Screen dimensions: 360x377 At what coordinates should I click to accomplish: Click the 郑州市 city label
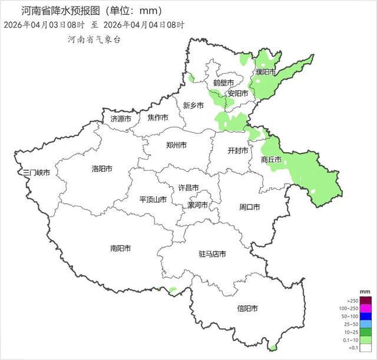click(x=177, y=145)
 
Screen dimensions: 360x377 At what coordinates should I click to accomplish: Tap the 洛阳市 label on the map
click(x=102, y=169)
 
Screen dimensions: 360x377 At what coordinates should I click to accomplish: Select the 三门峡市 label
click(x=36, y=173)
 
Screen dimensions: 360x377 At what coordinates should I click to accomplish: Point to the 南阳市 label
click(x=120, y=248)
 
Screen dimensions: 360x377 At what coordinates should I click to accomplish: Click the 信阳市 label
click(x=247, y=308)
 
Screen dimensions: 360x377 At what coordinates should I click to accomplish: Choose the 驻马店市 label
click(x=212, y=254)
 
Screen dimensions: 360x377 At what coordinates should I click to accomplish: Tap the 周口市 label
click(x=250, y=207)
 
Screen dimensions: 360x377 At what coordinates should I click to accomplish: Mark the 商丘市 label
click(x=272, y=160)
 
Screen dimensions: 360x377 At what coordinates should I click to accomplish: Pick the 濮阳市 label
click(x=266, y=72)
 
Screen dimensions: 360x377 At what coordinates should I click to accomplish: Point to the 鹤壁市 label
click(x=224, y=82)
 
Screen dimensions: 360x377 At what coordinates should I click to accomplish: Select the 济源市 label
click(x=121, y=118)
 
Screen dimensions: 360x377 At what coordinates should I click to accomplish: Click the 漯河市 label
click(x=197, y=205)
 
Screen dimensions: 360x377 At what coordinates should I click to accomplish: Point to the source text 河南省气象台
click(x=94, y=39)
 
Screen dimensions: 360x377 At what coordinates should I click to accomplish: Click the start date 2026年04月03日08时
click(x=44, y=25)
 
